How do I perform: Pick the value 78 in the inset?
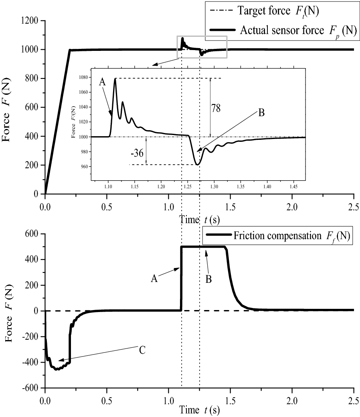tap(216, 108)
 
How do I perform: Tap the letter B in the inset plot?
tap(261, 113)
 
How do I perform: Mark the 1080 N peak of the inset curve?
tap(115, 79)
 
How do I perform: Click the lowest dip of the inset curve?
tap(197, 165)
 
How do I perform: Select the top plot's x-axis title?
tap(199, 220)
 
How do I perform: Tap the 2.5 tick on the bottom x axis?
tap(354, 400)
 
